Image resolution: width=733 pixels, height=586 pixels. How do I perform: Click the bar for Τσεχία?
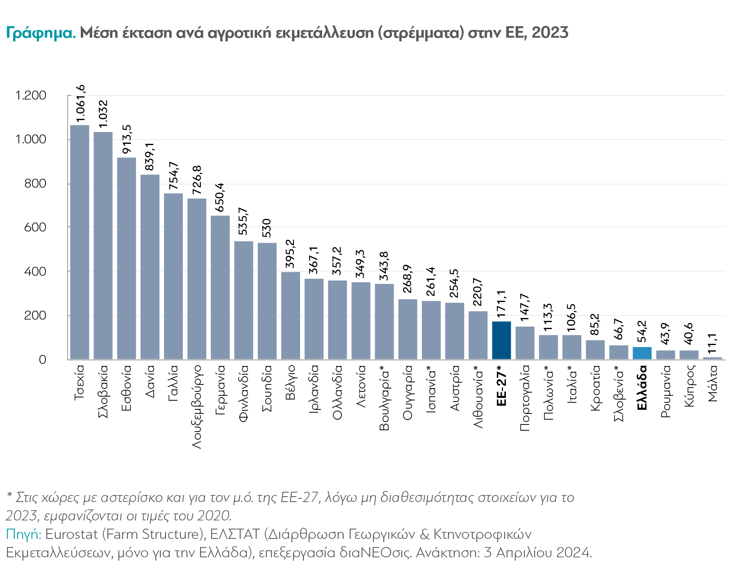(x=80, y=242)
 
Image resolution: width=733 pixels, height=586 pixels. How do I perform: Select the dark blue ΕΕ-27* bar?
(x=501, y=340)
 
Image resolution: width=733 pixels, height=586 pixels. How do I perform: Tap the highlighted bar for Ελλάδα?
(x=642, y=353)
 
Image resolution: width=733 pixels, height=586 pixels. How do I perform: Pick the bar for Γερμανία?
(x=220, y=287)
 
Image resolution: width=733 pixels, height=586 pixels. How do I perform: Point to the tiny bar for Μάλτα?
(x=713, y=358)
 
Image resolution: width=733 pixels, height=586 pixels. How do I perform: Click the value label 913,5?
(x=127, y=140)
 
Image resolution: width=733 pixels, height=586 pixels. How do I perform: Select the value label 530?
(x=267, y=228)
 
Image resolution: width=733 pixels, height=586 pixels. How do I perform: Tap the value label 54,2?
(x=642, y=331)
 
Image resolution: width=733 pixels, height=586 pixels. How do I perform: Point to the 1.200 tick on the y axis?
(x=31, y=95)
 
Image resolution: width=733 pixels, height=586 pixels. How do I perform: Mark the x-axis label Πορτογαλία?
(x=525, y=397)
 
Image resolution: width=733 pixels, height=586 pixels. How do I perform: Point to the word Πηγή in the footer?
(x=23, y=534)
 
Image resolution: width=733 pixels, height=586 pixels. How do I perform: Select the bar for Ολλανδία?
(x=337, y=320)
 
